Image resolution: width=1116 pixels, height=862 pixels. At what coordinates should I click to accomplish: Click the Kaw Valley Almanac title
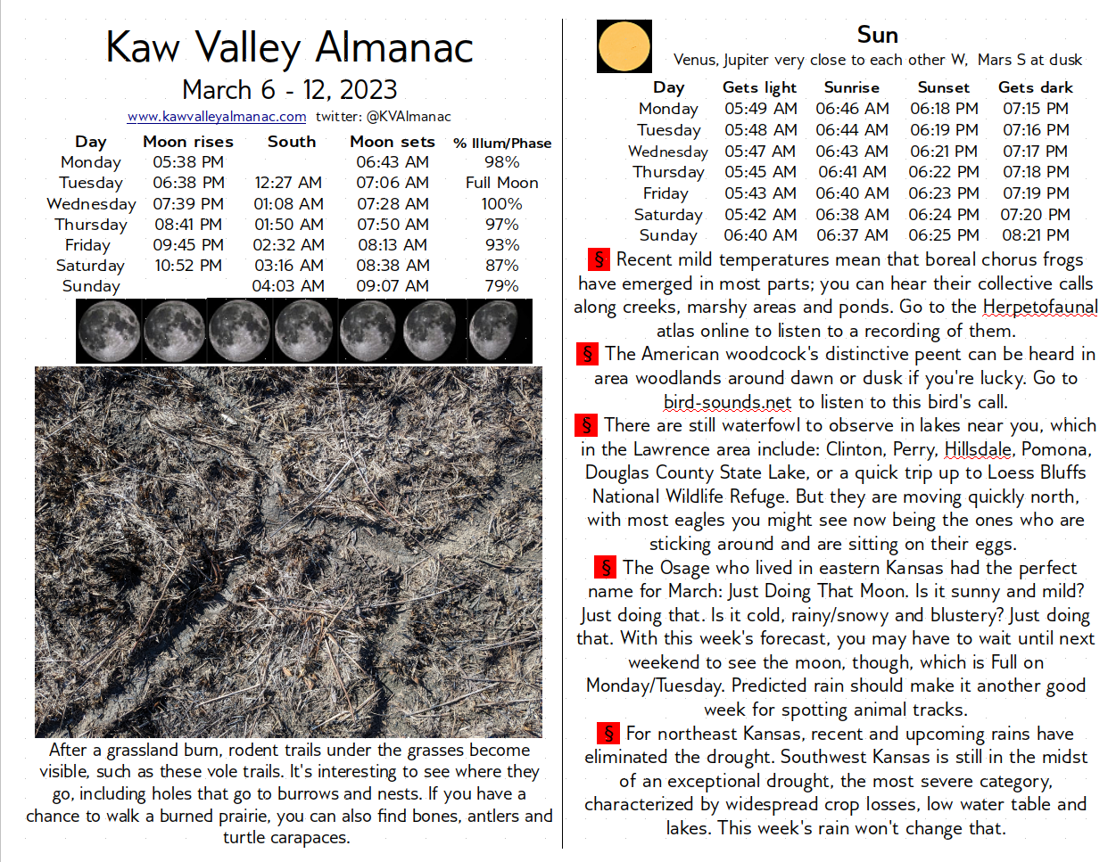point(289,47)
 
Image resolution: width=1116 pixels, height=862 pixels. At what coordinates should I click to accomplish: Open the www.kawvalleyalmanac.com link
point(217,117)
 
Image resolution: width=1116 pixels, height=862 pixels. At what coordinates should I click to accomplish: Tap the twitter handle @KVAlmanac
point(408,117)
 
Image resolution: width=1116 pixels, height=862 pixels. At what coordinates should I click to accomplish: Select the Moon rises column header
point(187,142)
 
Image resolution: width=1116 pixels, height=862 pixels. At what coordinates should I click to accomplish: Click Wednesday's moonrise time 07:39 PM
point(187,204)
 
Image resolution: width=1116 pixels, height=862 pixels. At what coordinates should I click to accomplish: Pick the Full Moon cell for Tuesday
point(501,183)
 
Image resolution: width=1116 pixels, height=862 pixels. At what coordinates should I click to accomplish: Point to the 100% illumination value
point(501,204)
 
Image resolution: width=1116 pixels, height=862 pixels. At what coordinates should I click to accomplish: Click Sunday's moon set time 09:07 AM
point(393,286)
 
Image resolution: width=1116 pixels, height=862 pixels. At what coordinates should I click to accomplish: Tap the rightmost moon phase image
point(500,331)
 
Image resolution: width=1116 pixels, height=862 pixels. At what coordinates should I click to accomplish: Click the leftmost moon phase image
point(108,331)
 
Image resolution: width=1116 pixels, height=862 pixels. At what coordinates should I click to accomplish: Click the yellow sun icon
point(624,46)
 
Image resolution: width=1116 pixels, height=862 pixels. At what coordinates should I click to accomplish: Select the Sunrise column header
point(851,87)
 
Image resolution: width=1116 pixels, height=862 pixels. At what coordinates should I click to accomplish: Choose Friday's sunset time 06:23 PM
point(944,193)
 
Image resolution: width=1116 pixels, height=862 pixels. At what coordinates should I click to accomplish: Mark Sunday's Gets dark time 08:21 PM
point(1035,235)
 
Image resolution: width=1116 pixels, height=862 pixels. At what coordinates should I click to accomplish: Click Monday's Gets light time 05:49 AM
point(760,109)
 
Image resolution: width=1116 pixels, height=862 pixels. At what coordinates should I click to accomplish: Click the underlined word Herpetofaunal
point(1039,308)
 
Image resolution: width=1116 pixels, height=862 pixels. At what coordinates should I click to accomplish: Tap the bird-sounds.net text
point(727,402)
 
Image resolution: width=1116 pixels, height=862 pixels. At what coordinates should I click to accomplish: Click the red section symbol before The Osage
point(606,568)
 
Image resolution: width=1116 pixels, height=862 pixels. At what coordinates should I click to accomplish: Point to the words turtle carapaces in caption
point(286,838)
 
